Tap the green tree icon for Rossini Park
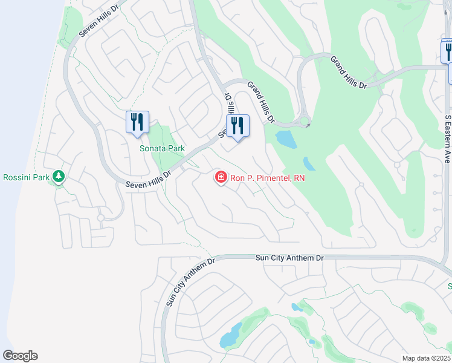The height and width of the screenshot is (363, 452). [59, 177]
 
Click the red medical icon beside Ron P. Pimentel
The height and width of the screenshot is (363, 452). [221, 177]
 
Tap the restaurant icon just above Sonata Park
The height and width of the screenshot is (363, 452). [137, 122]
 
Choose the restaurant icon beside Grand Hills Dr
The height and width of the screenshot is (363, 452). [237, 126]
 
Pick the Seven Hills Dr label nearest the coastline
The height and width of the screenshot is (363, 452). [100, 23]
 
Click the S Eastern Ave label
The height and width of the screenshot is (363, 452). [448, 139]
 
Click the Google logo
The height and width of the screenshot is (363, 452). [20, 356]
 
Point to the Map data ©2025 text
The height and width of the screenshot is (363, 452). [427, 358]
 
